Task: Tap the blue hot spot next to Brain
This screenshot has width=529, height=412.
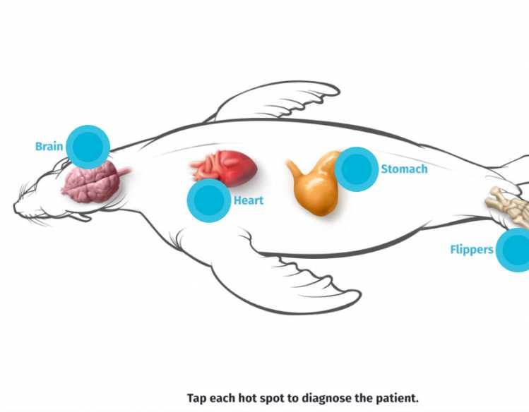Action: click(88, 147)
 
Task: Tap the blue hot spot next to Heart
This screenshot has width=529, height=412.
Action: click(208, 200)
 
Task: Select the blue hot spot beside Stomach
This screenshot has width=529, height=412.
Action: click(357, 169)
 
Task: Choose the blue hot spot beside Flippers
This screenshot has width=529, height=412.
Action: click(516, 250)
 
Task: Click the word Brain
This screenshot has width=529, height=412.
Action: click(49, 147)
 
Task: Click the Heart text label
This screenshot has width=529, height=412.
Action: click(249, 200)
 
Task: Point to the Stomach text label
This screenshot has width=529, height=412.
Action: click(404, 169)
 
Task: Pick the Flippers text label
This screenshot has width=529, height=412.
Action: click(471, 250)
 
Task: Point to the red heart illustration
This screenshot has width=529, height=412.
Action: click(226, 166)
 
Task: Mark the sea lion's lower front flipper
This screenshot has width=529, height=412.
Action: click(297, 289)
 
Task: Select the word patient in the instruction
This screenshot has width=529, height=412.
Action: click(395, 398)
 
